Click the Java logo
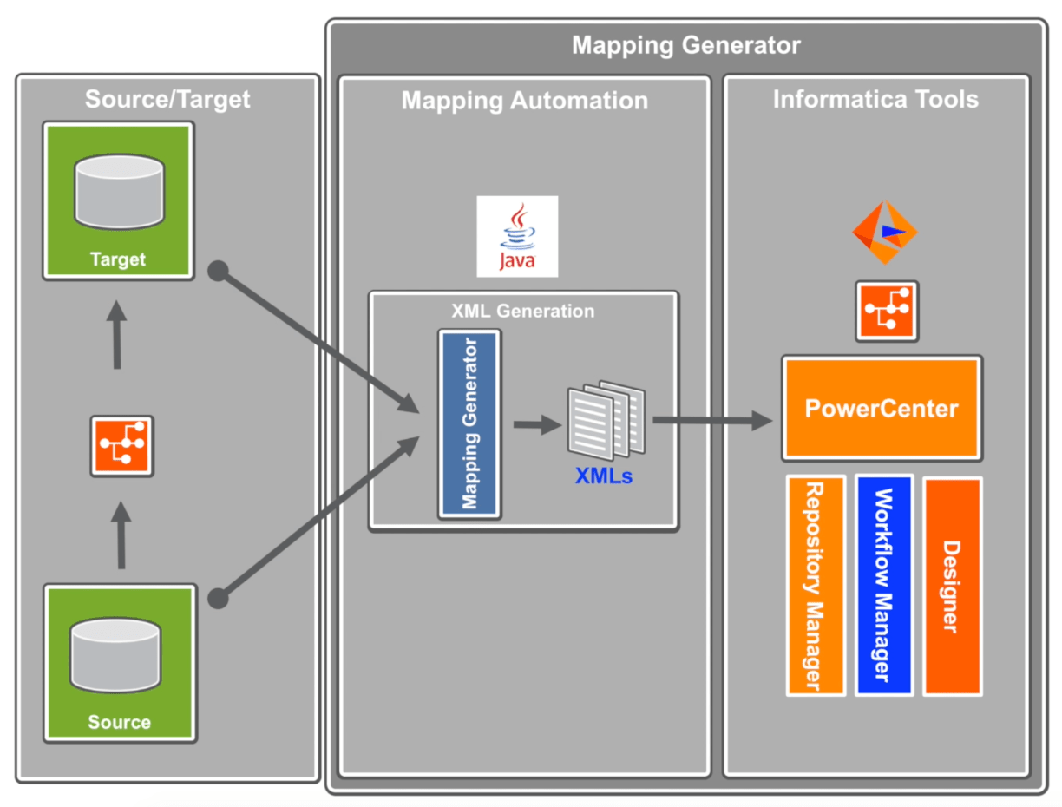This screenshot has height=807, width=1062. coord(517,236)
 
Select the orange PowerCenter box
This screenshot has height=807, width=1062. coord(882,407)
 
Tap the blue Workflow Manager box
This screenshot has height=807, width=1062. coord(884,585)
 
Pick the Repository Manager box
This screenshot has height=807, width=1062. coord(816,585)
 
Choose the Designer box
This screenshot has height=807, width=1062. coord(952,585)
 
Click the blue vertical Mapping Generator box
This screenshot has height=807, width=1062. coord(469,423)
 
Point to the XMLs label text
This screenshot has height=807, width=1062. coord(604,475)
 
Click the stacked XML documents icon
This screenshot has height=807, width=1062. coord(606,420)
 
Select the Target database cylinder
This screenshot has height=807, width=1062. coord(119,192)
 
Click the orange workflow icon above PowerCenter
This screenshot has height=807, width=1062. coord(887,311)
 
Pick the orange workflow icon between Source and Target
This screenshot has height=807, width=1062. coord(122,445)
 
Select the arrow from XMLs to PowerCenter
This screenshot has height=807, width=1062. coord(711,421)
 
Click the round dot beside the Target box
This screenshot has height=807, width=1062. coord(218,272)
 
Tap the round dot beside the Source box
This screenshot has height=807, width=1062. coord(218,598)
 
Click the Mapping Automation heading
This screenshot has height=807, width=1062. coord(524,101)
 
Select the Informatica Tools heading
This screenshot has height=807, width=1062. coord(875,99)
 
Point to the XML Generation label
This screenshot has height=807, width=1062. coord(523,311)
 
